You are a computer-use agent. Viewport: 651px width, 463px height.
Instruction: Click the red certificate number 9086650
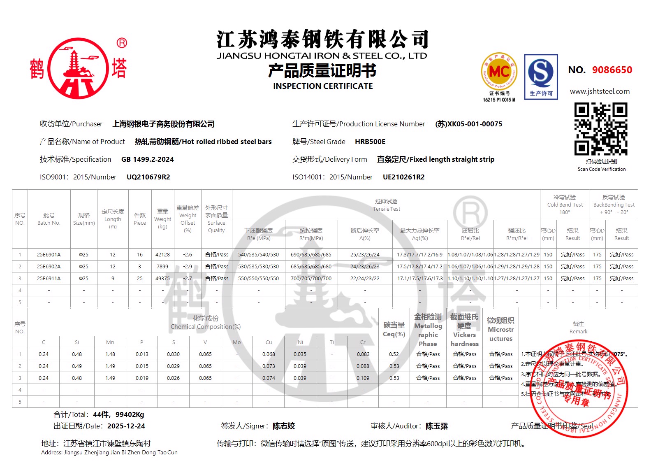(612, 70)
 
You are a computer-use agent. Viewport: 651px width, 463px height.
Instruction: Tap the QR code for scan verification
(601, 129)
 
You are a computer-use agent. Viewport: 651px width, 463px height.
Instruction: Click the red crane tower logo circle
(78, 68)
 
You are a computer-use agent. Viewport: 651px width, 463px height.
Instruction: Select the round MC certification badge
(499, 72)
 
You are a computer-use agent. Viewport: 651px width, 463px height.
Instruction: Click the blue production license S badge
(541, 77)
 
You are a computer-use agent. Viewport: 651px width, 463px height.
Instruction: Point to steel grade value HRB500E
(370, 142)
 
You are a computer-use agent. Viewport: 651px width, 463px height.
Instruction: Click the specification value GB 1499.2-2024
(147, 159)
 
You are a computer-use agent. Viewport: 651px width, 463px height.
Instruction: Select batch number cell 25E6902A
(49, 267)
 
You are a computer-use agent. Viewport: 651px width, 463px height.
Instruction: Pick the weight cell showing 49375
(162, 279)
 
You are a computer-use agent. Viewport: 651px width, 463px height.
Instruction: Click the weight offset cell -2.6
(188, 255)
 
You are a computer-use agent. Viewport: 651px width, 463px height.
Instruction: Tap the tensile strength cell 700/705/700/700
(311, 279)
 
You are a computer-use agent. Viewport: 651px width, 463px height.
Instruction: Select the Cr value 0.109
(363, 378)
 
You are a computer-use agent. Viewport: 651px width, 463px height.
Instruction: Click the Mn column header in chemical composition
(110, 342)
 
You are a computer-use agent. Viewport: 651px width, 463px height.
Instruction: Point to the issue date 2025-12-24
(126, 426)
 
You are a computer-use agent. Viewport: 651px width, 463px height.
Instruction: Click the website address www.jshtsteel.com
(600, 91)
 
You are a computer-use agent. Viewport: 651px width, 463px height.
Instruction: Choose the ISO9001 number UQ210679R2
(148, 177)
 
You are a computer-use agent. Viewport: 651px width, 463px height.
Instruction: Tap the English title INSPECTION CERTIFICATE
(323, 86)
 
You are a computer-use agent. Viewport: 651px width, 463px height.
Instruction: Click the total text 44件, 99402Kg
(118, 414)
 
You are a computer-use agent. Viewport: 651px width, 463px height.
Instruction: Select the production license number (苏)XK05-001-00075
(468, 124)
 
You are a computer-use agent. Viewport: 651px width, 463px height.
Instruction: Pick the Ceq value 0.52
(394, 354)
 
